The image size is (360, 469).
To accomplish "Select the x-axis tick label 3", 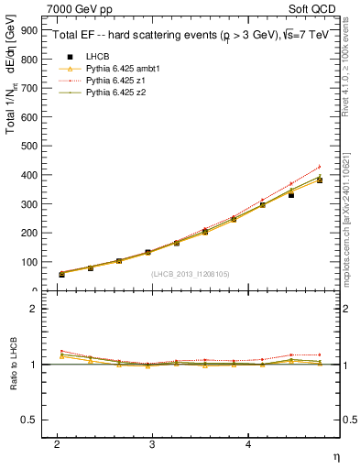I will coord(153,443).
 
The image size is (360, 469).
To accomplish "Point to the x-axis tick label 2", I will coord(57,443).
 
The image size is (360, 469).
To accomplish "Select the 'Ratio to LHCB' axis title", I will coord(11,365).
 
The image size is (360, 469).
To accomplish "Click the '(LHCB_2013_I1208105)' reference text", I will coord(191,275).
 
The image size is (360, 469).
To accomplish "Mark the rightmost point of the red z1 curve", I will coord(320,167).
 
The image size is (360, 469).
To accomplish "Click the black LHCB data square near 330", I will coord(291,195).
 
